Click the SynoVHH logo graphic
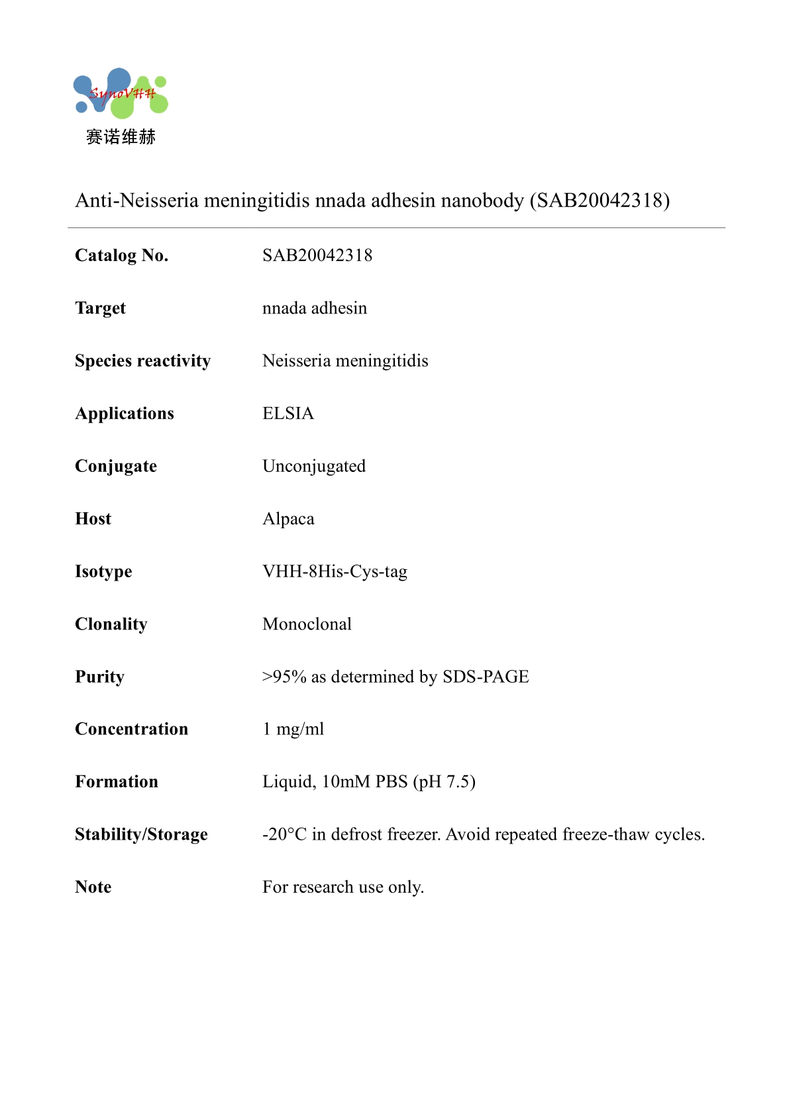click(x=121, y=93)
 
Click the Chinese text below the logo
click(x=121, y=137)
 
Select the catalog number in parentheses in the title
click(x=600, y=200)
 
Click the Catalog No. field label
click(x=122, y=256)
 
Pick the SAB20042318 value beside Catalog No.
click(x=317, y=256)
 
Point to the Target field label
click(x=100, y=308)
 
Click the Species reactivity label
click(x=142, y=361)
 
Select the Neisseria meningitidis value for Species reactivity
click(x=345, y=361)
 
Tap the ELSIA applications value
click(x=288, y=414)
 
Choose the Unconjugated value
click(x=314, y=467)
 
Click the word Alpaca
click(x=288, y=519)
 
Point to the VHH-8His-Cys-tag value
click(x=335, y=571)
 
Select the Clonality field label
click(x=111, y=624)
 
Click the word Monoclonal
click(x=307, y=624)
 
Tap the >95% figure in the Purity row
click(x=284, y=677)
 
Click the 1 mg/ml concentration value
click(x=293, y=729)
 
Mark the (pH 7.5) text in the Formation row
click(x=444, y=782)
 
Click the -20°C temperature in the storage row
click(x=284, y=834)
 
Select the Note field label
click(x=93, y=887)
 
